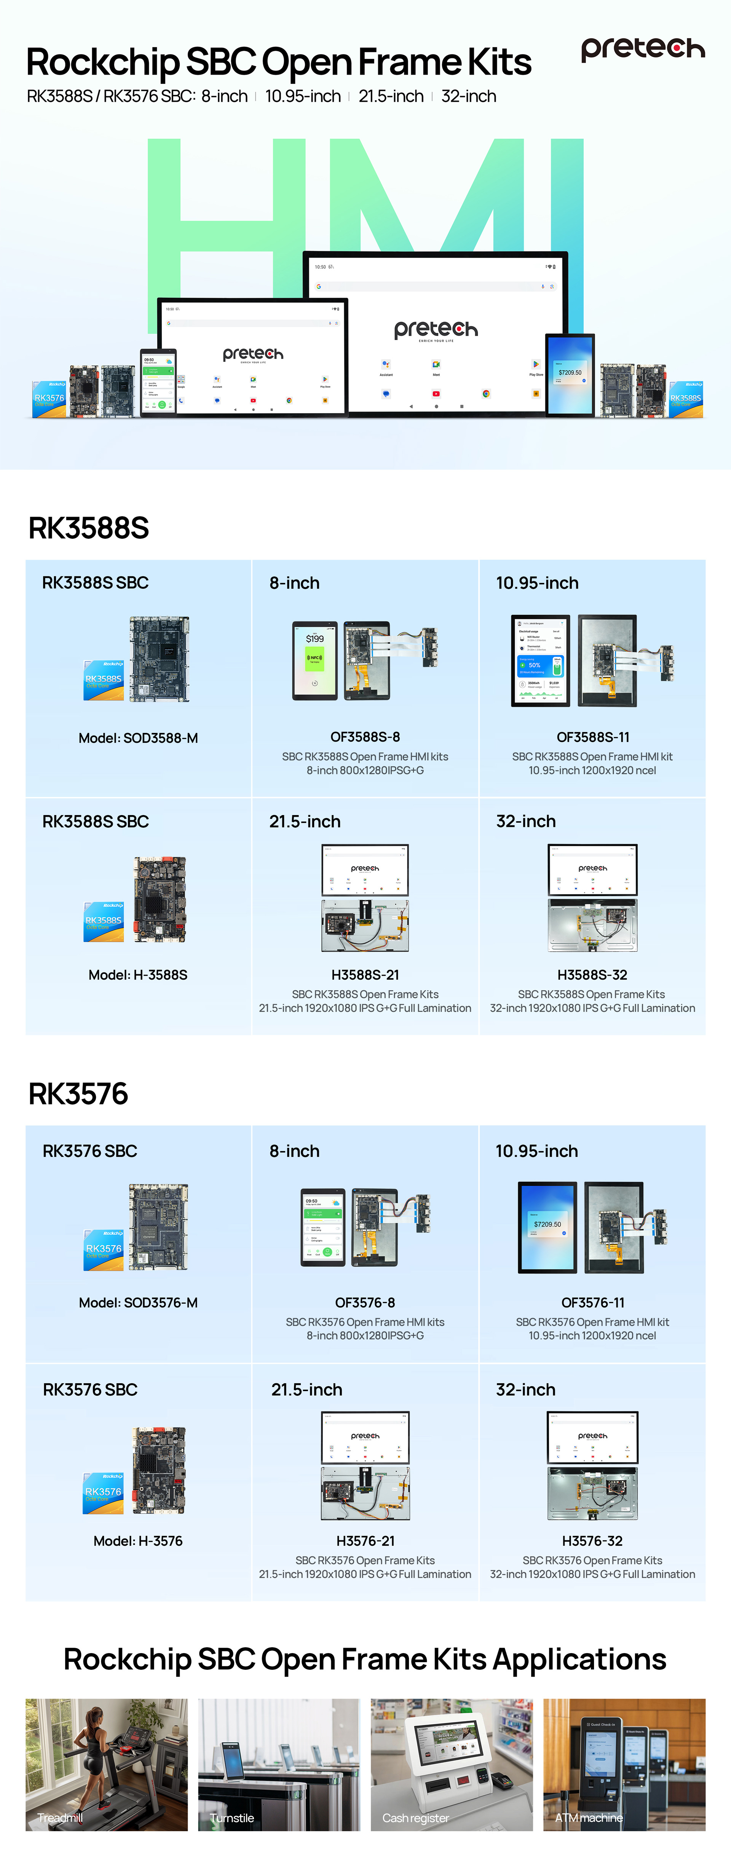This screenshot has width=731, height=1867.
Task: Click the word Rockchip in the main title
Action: [x=102, y=62]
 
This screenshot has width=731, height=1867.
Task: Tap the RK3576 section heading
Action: [x=78, y=1094]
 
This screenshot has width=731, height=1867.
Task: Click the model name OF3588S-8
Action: [x=365, y=737]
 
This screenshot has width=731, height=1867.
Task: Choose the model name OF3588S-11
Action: [x=593, y=737]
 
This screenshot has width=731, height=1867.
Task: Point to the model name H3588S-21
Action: [x=365, y=975]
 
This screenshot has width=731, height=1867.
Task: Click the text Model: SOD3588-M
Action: [x=138, y=738]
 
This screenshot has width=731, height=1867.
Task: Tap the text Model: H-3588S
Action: [x=138, y=975]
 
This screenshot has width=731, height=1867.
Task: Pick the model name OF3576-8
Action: [x=365, y=1302]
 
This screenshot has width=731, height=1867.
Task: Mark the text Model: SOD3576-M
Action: [x=138, y=1302]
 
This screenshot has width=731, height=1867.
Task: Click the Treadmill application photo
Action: [x=107, y=1764]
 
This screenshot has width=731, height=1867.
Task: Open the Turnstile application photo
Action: [x=279, y=1764]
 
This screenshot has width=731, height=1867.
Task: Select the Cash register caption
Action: [x=416, y=1818]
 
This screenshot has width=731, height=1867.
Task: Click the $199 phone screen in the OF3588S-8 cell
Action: [x=314, y=659]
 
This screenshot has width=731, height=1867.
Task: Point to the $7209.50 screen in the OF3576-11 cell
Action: [x=547, y=1227]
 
